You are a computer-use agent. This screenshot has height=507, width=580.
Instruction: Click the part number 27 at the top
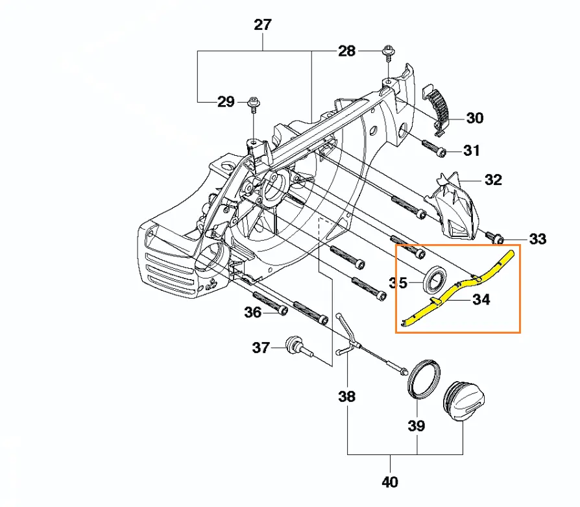click(x=263, y=25)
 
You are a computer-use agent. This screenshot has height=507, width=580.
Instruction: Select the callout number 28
click(x=347, y=51)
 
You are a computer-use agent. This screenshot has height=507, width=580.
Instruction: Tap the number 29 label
click(x=226, y=102)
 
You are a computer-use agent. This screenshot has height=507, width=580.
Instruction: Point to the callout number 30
click(x=475, y=118)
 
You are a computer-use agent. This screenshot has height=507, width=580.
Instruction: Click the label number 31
click(x=472, y=151)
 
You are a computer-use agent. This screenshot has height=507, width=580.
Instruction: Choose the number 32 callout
click(x=493, y=180)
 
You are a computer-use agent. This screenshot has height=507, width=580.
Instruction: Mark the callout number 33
click(x=538, y=239)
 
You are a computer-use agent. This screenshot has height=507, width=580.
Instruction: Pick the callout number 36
click(x=252, y=313)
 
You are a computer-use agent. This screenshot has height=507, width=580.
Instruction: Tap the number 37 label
click(x=261, y=348)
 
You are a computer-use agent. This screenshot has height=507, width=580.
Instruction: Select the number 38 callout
click(x=347, y=396)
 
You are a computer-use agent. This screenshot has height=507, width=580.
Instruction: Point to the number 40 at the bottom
click(x=389, y=482)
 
